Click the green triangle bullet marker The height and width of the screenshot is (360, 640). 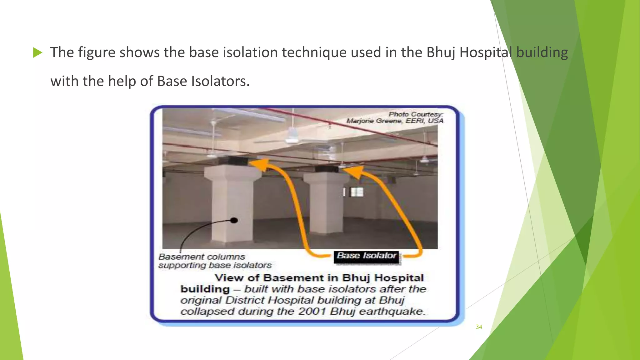[x=37, y=52]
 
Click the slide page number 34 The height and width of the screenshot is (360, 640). [x=479, y=327]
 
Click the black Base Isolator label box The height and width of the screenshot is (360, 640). [x=367, y=256]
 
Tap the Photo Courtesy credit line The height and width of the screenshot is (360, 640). [x=416, y=114]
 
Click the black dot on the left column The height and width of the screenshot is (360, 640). [x=234, y=220]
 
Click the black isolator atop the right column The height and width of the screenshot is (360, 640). [x=326, y=169]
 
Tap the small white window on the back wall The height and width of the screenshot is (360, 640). [x=356, y=192]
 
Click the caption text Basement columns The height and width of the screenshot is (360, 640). [x=202, y=257]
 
